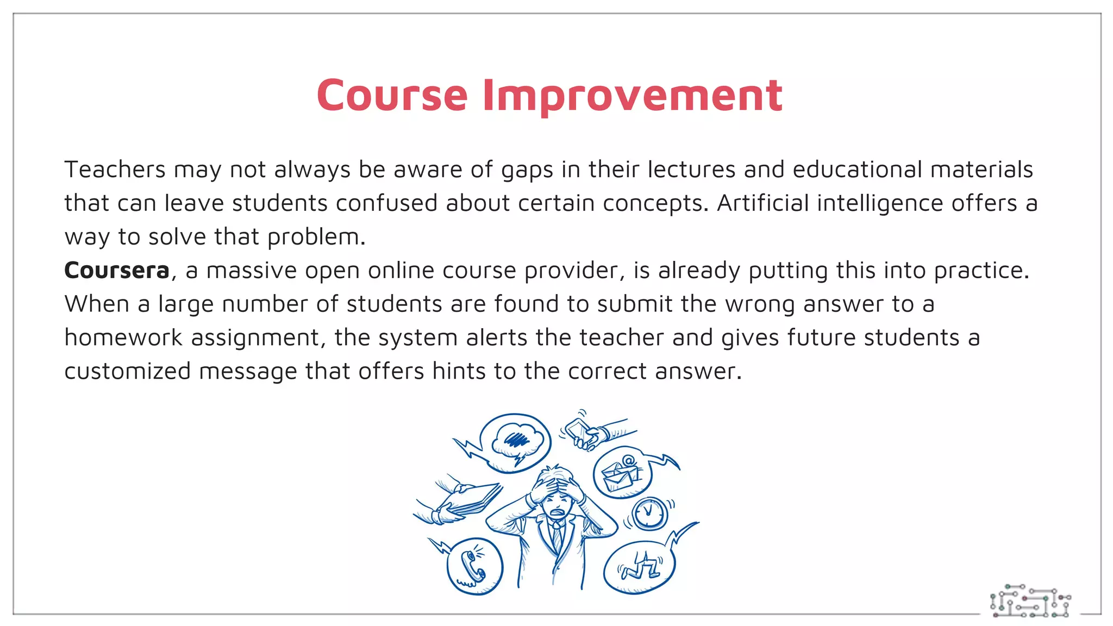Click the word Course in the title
point(392,96)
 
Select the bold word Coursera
point(117,271)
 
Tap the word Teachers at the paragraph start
point(115,170)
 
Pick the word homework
point(123,338)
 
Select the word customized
point(127,372)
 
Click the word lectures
point(691,170)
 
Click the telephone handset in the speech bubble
point(472,567)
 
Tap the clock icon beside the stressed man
point(648,512)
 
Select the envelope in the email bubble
point(618,475)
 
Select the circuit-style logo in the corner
point(1030,602)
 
